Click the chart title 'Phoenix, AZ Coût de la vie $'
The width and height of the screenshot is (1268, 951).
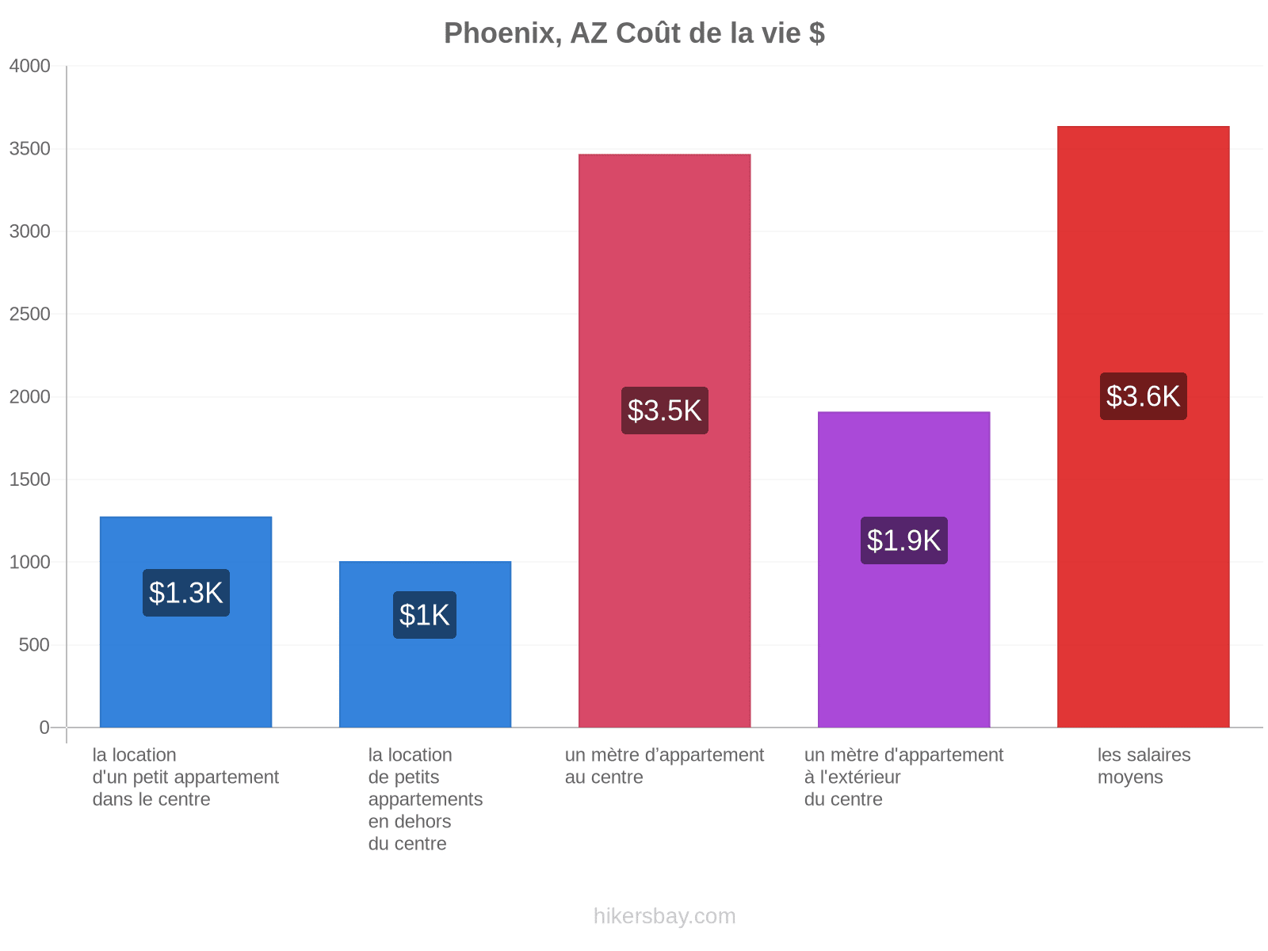[x=634, y=33]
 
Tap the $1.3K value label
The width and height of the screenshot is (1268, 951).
[x=186, y=593]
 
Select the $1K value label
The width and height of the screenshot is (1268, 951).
[x=425, y=615]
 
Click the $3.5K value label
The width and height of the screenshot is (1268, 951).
[x=664, y=411]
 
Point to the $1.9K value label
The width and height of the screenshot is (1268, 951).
[x=903, y=540]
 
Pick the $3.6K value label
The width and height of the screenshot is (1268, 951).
[x=1143, y=396]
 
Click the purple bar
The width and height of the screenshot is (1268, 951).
[x=903, y=569]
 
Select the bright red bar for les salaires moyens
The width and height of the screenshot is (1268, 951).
[x=1143, y=426]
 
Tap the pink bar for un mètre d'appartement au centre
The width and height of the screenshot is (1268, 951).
[x=664, y=441]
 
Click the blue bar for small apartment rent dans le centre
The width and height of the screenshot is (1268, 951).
[x=186, y=622]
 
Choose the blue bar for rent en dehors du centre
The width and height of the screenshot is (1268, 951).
[x=425, y=644]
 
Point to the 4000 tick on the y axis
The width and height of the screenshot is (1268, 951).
[x=29, y=66]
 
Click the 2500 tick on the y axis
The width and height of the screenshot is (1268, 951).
[x=29, y=314]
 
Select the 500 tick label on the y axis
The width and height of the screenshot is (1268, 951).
[x=34, y=645]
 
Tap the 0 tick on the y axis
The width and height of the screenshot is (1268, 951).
[x=44, y=728]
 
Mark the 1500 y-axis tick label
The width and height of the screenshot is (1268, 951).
[x=29, y=479]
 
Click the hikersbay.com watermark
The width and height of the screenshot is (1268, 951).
[x=664, y=916]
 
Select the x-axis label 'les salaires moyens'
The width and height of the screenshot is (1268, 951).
[x=1144, y=766]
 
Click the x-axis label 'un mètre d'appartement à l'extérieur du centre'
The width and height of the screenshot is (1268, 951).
[x=903, y=777]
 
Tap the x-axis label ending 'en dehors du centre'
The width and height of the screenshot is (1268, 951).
[x=425, y=799]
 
